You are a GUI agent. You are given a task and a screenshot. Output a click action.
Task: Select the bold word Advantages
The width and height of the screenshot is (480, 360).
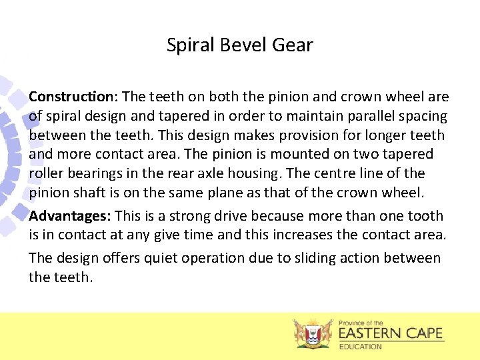tap(70, 216)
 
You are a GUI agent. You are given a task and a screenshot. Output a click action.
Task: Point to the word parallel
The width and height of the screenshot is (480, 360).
tap(351, 116)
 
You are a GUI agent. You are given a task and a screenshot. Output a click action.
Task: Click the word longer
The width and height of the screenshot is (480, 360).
tap(366, 135)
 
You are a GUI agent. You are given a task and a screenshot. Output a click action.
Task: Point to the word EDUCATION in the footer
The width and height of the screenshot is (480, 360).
tap(361, 347)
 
